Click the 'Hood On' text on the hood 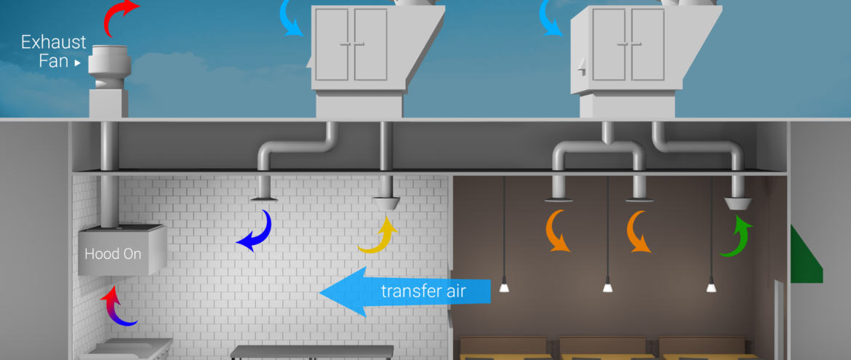click(x=113, y=255)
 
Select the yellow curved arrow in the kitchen click(x=379, y=236)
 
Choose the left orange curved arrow click(x=559, y=231)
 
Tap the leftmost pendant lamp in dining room click(x=504, y=287)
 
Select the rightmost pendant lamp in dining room click(x=711, y=287)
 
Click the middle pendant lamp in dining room click(x=608, y=287)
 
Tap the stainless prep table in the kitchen click(x=312, y=352)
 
